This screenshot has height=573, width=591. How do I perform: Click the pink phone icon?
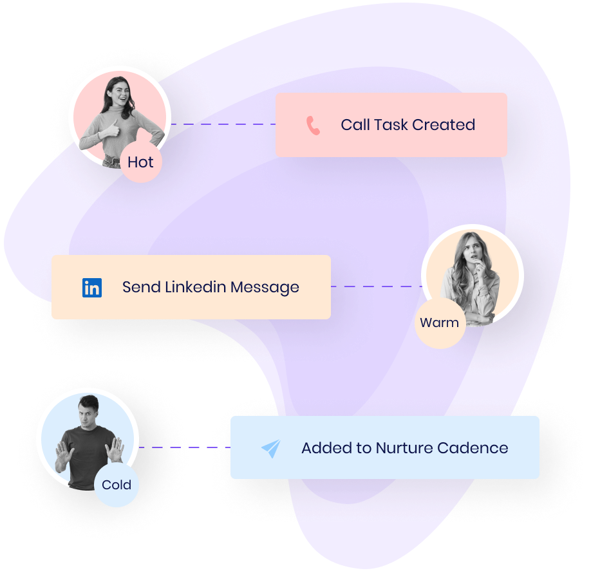pyautogui.click(x=314, y=126)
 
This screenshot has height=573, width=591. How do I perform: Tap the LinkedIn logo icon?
pyautogui.click(x=92, y=288)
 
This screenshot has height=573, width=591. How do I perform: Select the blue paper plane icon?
pyautogui.click(x=271, y=449)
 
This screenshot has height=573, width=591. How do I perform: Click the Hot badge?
pyautogui.click(x=140, y=162)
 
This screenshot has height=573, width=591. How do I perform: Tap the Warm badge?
pyautogui.click(x=440, y=323)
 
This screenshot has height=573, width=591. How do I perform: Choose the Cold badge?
pyautogui.click(x=117, y=485)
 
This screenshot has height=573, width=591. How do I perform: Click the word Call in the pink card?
pyautogui.click(x=355, y=125)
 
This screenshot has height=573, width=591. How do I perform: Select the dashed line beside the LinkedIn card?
pyautogui.click(x=377, y=287)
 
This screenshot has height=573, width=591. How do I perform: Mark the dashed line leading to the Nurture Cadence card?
pyautogui.click(x=184, y=447)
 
